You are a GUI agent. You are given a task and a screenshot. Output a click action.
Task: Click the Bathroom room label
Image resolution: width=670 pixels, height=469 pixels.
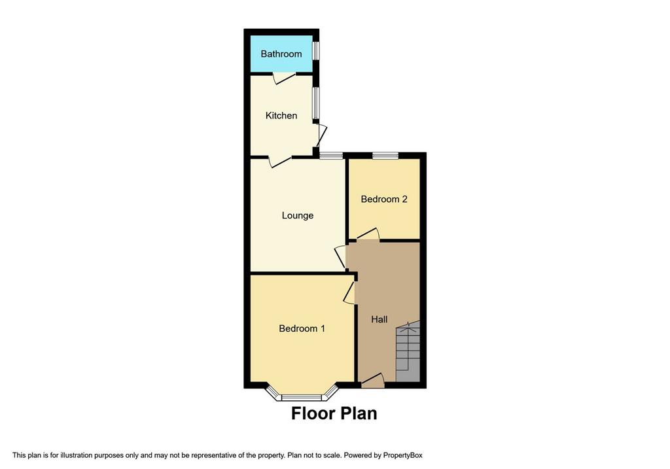(x=281, y=54)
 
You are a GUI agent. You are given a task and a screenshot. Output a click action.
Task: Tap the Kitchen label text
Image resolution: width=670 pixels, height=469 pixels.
(x=281, y=116)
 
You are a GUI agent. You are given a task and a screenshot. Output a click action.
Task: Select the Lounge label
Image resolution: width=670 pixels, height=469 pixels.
(x=298, y=215)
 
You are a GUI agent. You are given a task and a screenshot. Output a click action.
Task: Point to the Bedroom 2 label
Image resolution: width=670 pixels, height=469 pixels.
(x=384, y=199)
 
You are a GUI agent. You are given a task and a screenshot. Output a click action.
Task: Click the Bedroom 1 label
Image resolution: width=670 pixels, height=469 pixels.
(x=302, y=328)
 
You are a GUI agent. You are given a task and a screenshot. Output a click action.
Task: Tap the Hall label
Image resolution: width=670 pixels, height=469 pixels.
(x=379, y=319)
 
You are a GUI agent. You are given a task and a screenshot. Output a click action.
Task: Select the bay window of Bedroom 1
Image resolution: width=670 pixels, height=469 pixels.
(x=302, y=395)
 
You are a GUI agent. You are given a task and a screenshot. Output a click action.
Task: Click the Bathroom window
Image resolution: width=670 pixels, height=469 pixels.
(x=315, y=51)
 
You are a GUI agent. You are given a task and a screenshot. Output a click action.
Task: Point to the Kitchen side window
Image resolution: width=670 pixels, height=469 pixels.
(x=315, y=103)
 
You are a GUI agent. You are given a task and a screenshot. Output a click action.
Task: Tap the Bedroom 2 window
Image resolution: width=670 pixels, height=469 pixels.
(x=385, y=155)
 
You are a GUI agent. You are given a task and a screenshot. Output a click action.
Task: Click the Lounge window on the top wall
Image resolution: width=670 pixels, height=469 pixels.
(x=331, y=155)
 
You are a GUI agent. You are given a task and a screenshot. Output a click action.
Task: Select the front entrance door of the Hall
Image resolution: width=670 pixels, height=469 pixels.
(x=372, y=380)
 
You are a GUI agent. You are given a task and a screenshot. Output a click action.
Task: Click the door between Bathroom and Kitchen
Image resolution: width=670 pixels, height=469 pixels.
(x=283, y=78)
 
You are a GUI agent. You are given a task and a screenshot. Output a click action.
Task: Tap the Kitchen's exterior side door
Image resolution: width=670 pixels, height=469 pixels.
(x=321, y=135)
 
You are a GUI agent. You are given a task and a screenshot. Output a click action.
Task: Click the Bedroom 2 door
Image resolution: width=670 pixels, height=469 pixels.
(x=367, y=235)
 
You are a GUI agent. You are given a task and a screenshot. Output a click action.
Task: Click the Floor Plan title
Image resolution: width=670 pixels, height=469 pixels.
(x=334, y=413)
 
